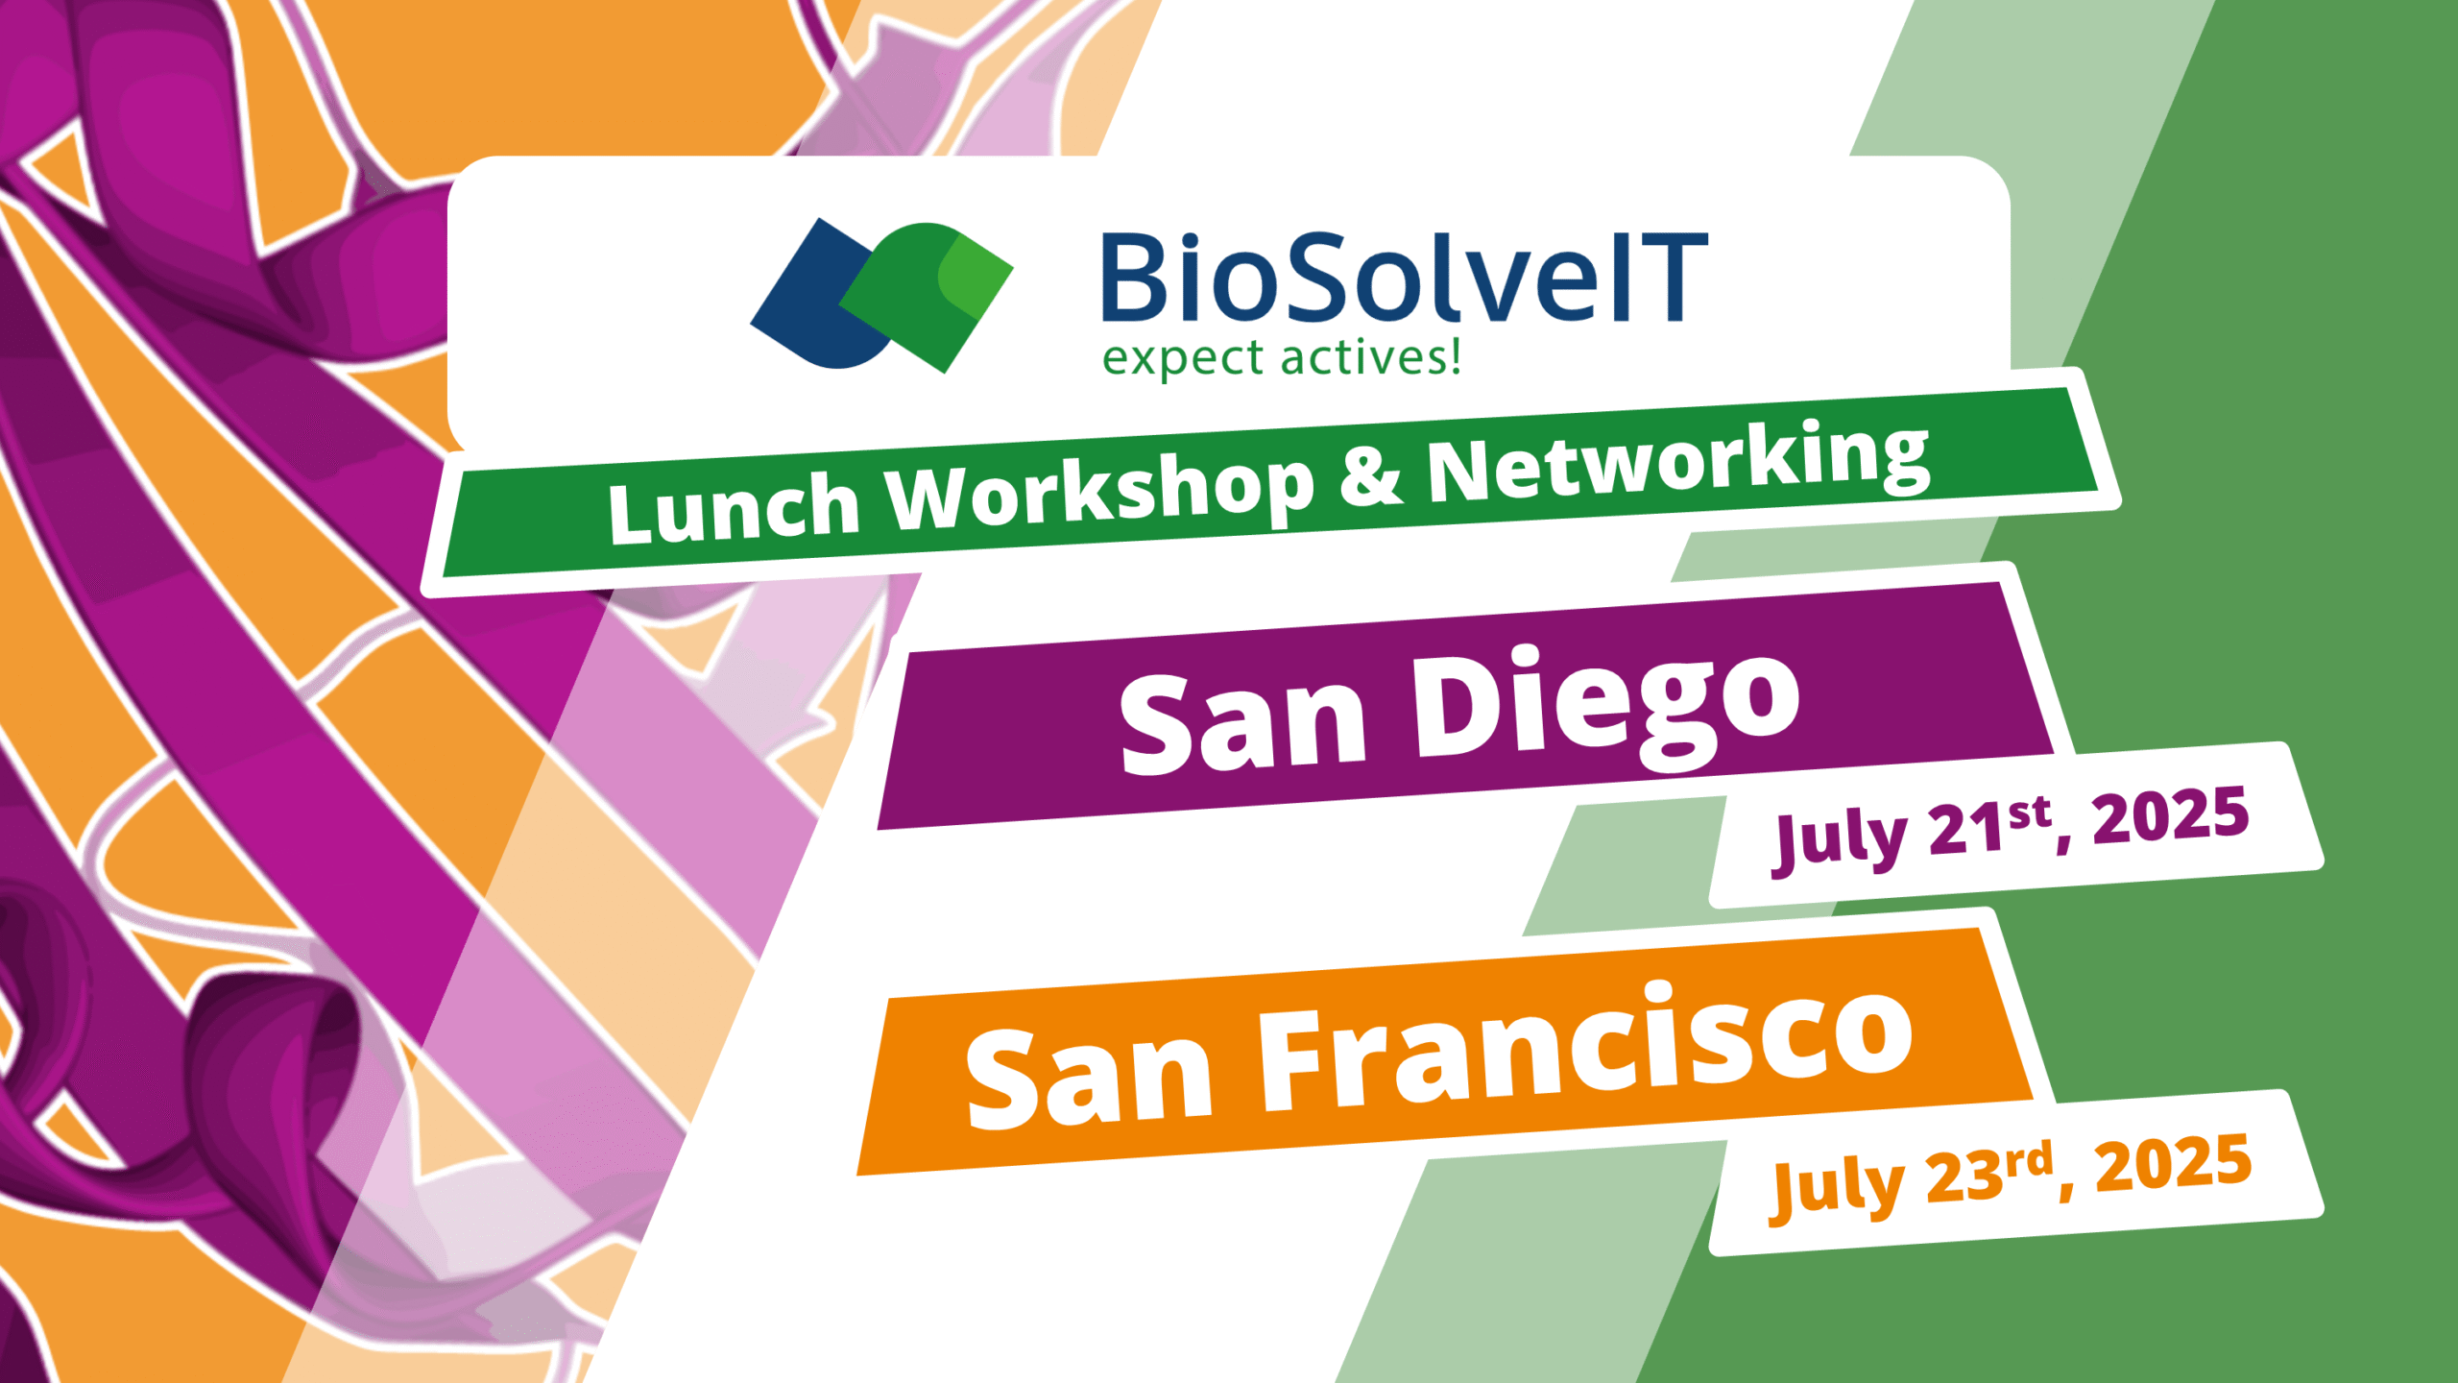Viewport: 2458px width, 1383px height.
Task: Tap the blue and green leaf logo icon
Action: [x=881, y=295]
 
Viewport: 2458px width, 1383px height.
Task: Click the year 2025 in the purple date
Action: [x=2170, y=816]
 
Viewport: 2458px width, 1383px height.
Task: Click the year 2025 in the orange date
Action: [x=2172, y=1164]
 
